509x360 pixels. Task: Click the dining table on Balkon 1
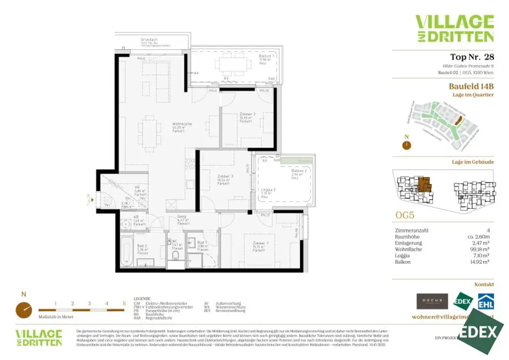pyautogui.click(x=233, y=64)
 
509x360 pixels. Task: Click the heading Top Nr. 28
pyautogui.click(x=472, y=57)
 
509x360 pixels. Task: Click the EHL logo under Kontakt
pyautogui.click(x=485, y=302)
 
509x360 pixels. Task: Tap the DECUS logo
pyautogui.click(x=432, y=301)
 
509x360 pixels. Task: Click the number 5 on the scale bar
pyautogui.click(x=124, y=303)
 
